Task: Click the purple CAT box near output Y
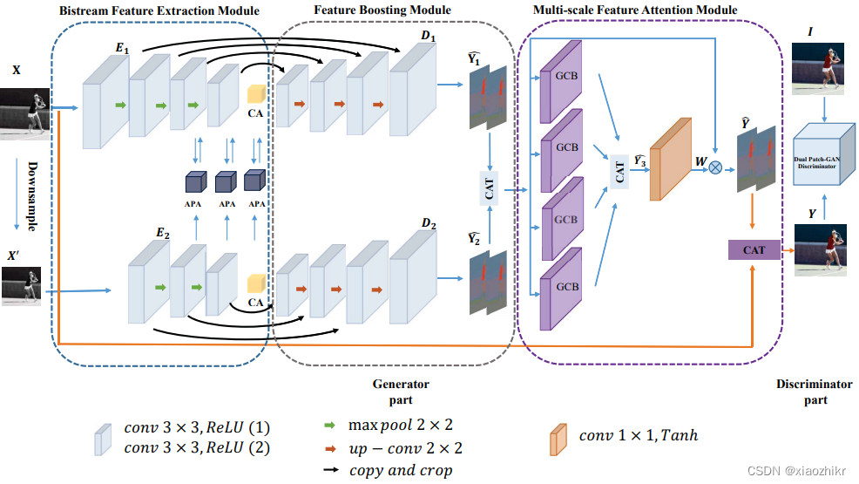[754, 249]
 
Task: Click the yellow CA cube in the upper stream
[256, 95]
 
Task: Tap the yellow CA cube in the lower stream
[256, 283]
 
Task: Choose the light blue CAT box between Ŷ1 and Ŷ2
[489, 188]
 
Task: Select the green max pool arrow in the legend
[331, 425]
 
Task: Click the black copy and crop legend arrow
[331, 470]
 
